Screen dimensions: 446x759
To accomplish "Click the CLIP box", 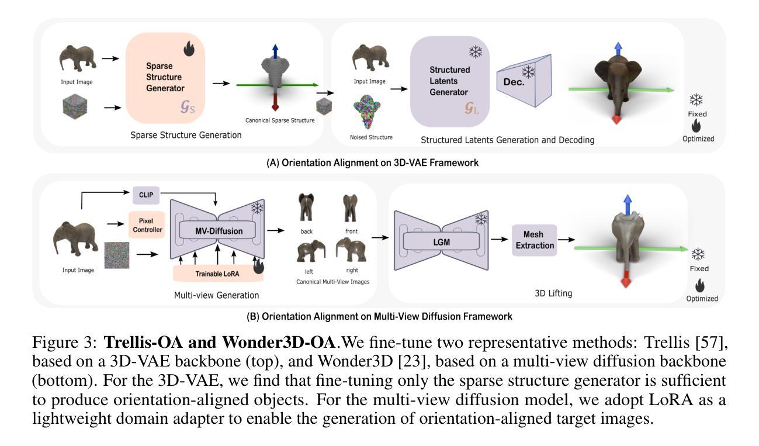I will (x=145, y=194).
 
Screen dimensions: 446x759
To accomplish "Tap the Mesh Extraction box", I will (x=534, y=240).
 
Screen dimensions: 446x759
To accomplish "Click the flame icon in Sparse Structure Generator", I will (x=189, y=50).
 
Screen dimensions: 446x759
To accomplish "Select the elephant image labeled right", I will (x=351, y=250).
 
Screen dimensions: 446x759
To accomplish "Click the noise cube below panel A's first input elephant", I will (x=77, y=108).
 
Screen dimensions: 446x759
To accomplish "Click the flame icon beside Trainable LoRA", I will (x=258, y=268).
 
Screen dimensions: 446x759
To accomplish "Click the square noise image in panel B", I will (x=116, y=255).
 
